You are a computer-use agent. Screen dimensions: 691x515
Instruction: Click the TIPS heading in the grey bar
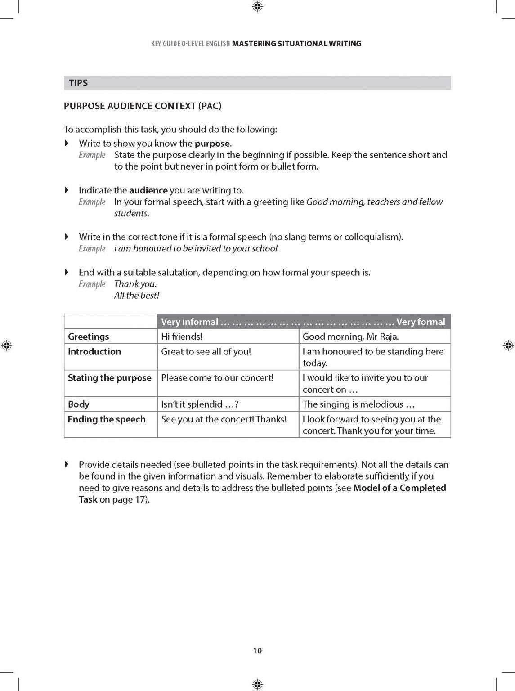(x=78, y=83)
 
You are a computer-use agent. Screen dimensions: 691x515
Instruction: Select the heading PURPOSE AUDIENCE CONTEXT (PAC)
(x=143, y=106)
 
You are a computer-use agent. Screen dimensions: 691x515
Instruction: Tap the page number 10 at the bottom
(x=257, y=651)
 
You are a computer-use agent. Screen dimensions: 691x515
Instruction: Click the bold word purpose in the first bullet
(x=212, y=144)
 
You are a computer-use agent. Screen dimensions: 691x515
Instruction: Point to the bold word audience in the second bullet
(x=148, y=190)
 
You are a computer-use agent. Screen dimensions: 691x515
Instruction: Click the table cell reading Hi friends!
(x=182, y=337)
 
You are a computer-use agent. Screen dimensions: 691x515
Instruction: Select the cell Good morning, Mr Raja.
(x=350, y=337)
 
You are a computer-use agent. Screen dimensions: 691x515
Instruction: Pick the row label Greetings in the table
(x=89, y=337)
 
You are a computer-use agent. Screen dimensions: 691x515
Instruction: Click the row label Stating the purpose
(x=109, y=378)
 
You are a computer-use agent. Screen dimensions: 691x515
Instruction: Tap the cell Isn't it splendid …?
(x=200, y=404)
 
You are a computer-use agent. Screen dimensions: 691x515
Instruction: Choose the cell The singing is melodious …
(x=358, y=404)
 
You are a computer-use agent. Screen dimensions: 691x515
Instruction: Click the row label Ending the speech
(x=107, y=419)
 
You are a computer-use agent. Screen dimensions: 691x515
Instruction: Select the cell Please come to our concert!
(x=217, y=378)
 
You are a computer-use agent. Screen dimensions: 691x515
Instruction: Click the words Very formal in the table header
(x=421, y=322)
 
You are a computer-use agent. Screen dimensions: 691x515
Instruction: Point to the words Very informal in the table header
(x=189, y=322)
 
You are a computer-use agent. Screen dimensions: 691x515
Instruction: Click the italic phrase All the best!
(x=137, y=296)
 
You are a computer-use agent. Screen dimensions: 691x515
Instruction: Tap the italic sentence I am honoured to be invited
(x=197, y=249)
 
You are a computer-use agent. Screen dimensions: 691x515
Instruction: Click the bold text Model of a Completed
(x=399, y=488)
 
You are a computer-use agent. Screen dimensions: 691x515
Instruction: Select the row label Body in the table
(x=79, y=404)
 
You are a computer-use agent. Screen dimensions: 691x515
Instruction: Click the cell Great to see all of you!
(x=206, y=352)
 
